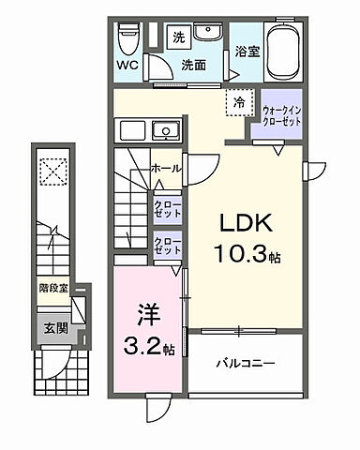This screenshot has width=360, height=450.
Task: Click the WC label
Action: (128, 66)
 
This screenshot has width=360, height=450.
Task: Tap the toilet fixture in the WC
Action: (128, 38)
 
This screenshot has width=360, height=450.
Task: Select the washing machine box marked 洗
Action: (177, 37)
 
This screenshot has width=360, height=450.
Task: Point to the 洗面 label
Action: (193, 66)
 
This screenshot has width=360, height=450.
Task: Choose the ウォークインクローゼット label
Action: (282, 115)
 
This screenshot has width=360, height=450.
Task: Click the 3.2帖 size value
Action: (146, 350)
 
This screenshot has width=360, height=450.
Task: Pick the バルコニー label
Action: (248, 361)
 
